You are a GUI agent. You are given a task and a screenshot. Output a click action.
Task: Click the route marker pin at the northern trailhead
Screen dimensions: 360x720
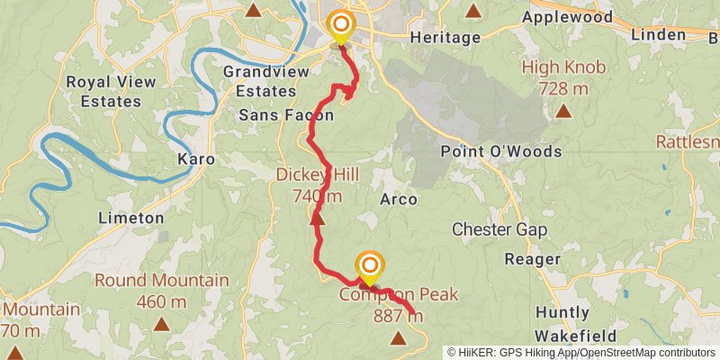pyautogui.click(x=340, y=26)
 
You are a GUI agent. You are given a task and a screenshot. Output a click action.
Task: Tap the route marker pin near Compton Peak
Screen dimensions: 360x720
pyautogui.click(x=369, y=266)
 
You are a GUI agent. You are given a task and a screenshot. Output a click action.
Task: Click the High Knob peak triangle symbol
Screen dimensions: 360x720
pyautogui.click(x=563, y=112)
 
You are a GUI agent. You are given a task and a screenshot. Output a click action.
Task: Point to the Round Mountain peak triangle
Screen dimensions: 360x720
pyautogui.click(x=161, y=324)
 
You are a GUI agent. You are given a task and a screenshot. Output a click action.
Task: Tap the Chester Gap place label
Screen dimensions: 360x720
pyautogui.click(x=499, y=229)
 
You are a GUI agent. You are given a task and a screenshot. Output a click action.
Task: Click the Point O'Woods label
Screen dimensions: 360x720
pyautogui.click(x=501, y=151)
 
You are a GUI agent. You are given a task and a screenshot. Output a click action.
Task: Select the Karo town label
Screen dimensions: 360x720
pyautogui.click(x=196, y=158)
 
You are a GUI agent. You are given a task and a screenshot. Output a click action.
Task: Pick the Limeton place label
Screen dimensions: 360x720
pyautogui.click(x=130, y=218)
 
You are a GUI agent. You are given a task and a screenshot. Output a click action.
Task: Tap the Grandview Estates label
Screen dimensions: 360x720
pyautogui.click(x=259, y=81)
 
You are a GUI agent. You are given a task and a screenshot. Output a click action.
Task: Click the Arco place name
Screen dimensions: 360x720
pyautogui.click(x=399, y=199)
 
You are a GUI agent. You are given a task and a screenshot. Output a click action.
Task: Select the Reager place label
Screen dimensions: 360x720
pyautogui.click(x=534, y=259)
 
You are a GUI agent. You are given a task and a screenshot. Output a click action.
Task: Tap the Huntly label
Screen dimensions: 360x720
pyautogui.click(x=562, y=313)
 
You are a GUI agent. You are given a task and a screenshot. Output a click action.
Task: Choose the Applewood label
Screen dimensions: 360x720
pyautogui.click(x=567, y=17)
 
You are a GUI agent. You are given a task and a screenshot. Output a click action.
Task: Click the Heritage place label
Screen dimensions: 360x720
pyautogui.click(x=445, y=37)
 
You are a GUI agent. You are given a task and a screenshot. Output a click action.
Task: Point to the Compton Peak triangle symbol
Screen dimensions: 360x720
pyautogui.click(x=399, y=337)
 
